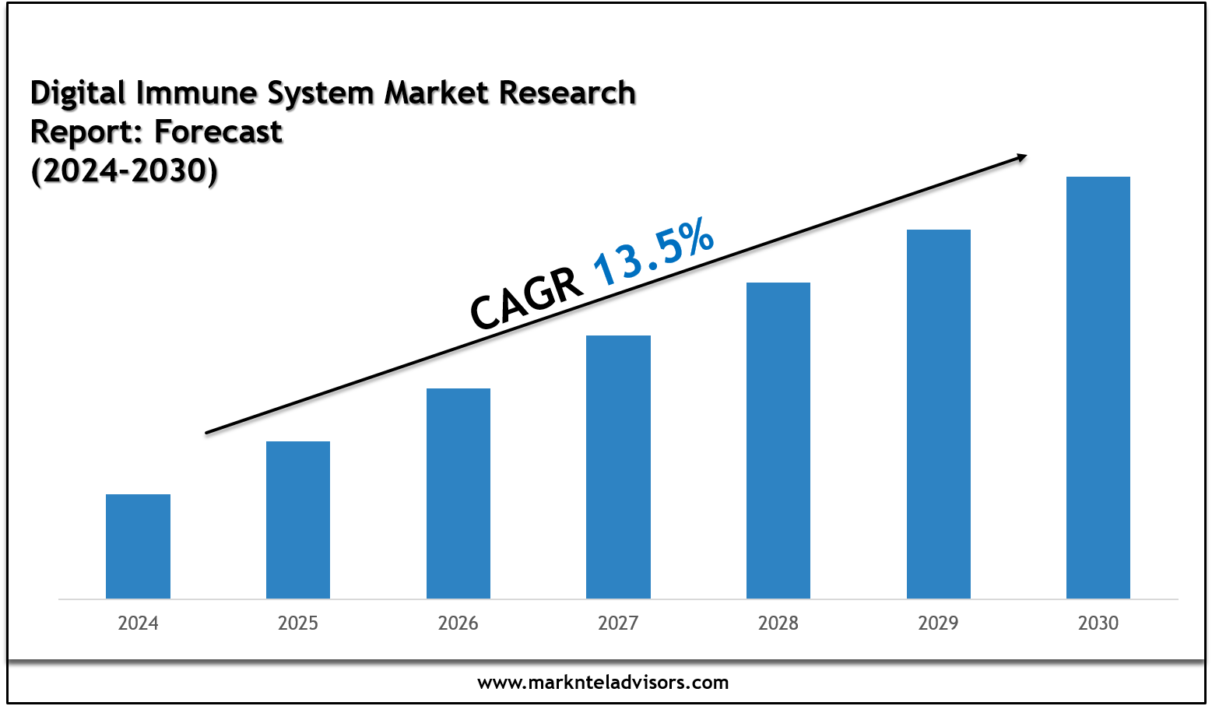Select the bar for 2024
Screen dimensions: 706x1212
click(138, 546)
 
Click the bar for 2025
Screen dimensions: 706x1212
click(298, 519)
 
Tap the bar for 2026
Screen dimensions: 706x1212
click(458, 493)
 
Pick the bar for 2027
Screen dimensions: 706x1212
click(618, 466)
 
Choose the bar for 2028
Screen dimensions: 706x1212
click(778, 440)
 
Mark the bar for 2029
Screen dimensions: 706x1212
click(939, 413)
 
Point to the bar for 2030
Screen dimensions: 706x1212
click(1098, 387)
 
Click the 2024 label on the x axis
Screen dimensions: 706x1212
click(138, 623)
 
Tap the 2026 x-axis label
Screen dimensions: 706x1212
click(458, 623)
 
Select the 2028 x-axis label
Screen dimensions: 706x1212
click(778, 623)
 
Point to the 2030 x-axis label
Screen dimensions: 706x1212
click(1098, 623)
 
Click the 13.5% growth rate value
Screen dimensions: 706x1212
click(653, 251)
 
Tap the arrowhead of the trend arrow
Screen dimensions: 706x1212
click(1021, 157)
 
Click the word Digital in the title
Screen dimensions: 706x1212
click(78, 93)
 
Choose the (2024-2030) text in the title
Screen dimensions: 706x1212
click(124, 170)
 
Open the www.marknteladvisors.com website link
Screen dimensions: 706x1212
click(603, 683)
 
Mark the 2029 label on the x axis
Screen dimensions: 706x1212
click(939, 623)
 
